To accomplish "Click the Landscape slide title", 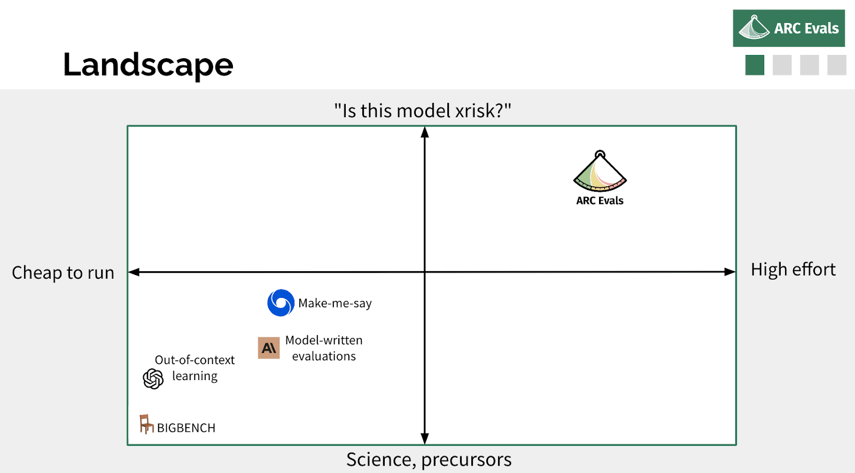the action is (148, 65).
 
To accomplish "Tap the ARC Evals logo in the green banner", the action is (789, 28).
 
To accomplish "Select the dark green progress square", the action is (755, 65).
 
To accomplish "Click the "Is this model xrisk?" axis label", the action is (423, 111).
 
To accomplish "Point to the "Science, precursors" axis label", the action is (429, 460).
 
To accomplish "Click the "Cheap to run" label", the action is (63, 273).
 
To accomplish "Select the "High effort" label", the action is (793, 269).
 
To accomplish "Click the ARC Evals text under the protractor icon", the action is (600, 201).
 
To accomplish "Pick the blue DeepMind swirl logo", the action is (281, 303).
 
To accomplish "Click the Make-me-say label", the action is (335, 303).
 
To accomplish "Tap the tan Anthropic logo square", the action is (269, 348).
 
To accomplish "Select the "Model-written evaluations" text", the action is (324, 348).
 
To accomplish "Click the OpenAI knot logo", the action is (153, 379).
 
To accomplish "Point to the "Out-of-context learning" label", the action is (195, 368).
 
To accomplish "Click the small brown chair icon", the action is (146, 424).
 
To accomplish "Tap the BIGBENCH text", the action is (186, 428).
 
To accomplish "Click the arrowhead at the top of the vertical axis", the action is (425, 132).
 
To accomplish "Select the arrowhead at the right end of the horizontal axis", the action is (730, 272).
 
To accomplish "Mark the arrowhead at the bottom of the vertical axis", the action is (425, 439).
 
